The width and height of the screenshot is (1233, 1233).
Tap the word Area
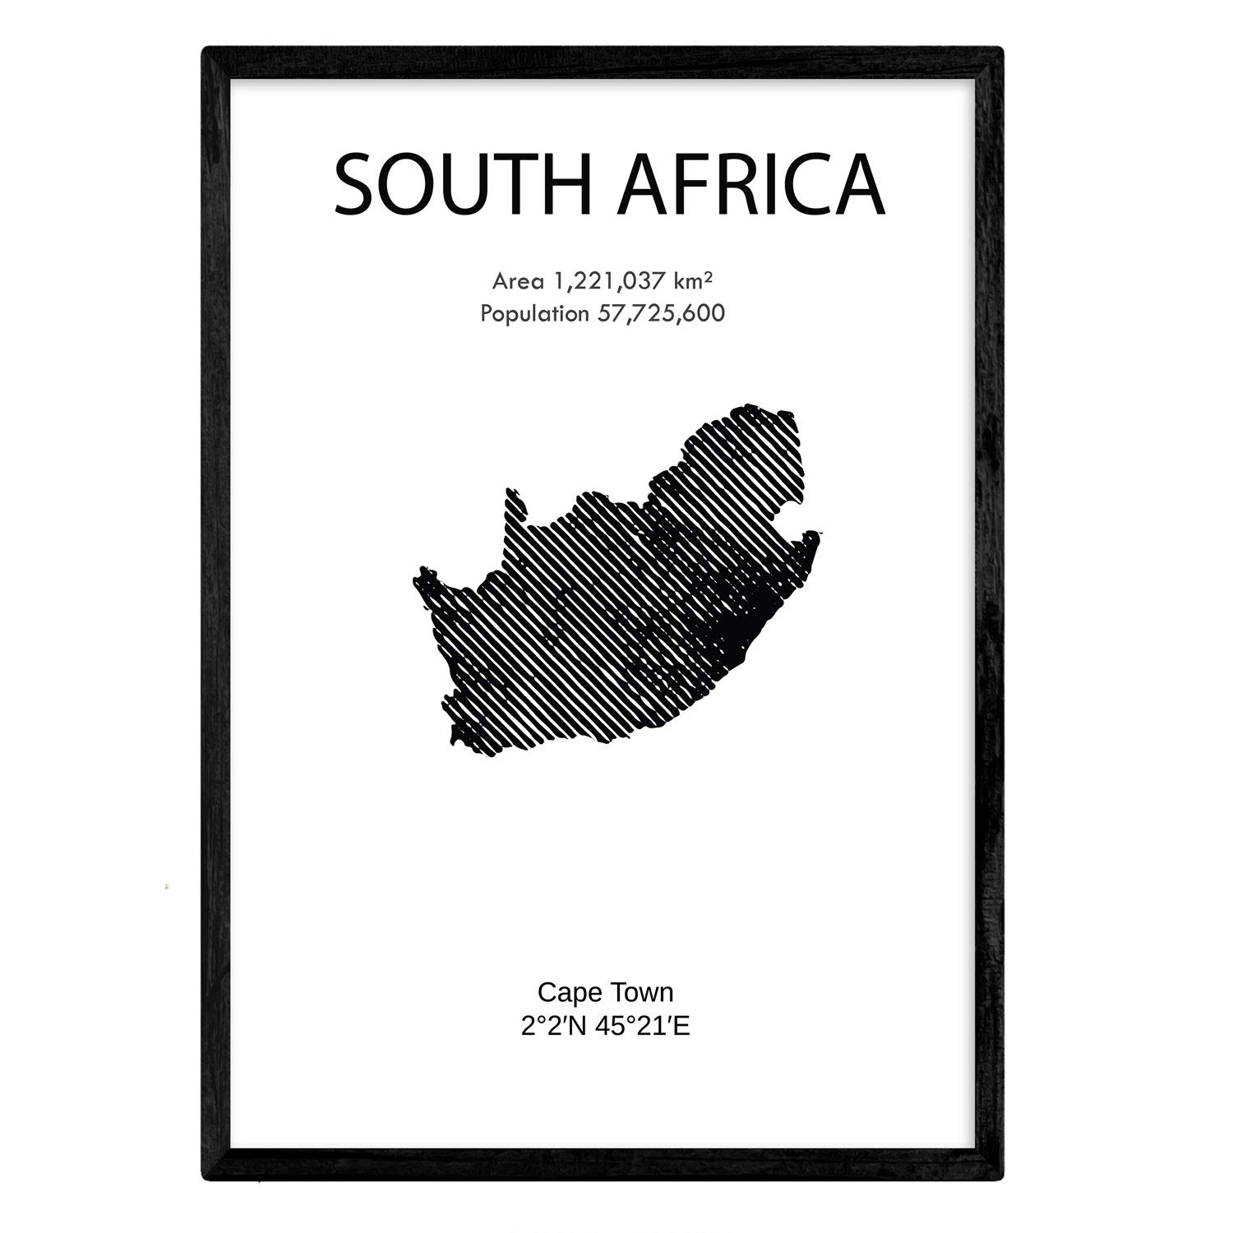tap(518, 282)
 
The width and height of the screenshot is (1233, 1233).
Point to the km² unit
tap(693, 281)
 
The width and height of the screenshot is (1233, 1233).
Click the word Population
tap(535, 313)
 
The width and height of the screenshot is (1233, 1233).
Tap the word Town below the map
tap(641, 992)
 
